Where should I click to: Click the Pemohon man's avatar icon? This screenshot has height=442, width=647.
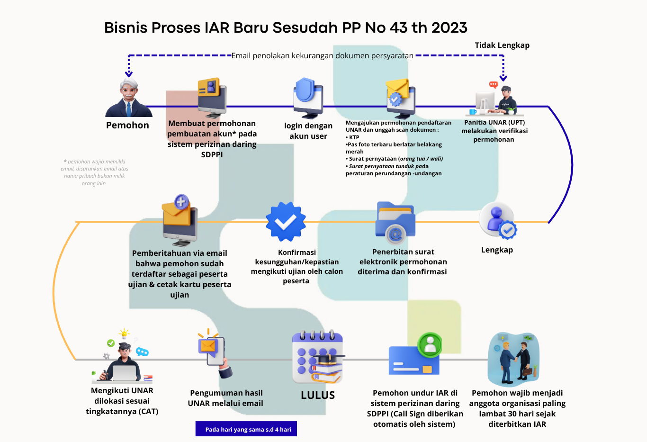pyautogui.click(x=128, y=99)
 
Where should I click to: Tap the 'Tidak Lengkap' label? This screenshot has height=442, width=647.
pyautogui.click(x=502, y=45)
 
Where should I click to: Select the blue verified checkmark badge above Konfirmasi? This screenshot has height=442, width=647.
pyautogui.click(x=285, y=222)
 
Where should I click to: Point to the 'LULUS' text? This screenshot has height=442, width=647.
pyautogui.click(x=318, y=395)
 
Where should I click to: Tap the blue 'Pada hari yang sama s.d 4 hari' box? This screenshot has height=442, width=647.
pyautogui.click(x=246, y=429)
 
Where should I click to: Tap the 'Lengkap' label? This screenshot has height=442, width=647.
pyautogui.click(x=497, y=250)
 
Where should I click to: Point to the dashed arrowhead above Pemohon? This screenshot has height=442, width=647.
pyautogui.click(x=128, y=73)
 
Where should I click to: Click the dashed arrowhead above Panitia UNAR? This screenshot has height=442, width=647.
pyautogui.click(x=503, y=78)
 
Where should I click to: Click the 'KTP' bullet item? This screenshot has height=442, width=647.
pyautogui.click(x=354, y=137)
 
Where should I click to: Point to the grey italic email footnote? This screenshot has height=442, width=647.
pyautogui.click(x=94, y=172)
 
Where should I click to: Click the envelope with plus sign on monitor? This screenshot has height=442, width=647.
pyautogui.click(x=179, y=220)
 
